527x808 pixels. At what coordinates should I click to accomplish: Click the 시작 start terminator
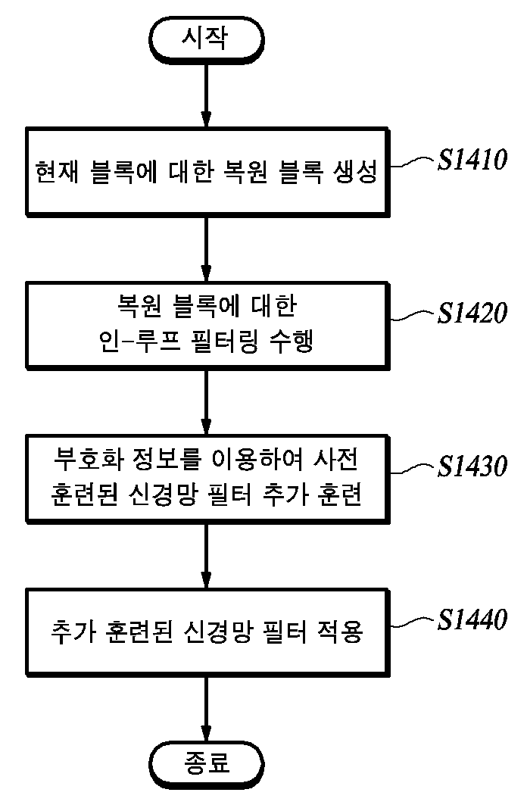tap(206, 39)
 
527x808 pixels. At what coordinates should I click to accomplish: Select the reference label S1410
tap(472, 160)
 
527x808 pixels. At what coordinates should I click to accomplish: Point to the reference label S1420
tap(472, 314)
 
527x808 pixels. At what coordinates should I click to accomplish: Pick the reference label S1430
tap(472, 466)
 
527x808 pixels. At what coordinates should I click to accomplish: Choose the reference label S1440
tap(472, 619)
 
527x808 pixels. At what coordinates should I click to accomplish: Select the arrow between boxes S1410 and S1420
tap(206, 249)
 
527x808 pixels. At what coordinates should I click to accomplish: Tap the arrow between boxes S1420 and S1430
tap(206, 402)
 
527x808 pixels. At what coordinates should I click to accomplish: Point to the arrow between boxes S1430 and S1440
tap(206, 556)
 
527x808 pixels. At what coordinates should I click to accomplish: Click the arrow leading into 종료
tap(206, 709)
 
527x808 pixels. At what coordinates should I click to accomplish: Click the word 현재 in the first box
tap(57, 172)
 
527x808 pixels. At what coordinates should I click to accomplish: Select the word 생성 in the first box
tap(356, 172)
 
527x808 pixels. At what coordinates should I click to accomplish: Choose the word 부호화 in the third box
tap(88, 460)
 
